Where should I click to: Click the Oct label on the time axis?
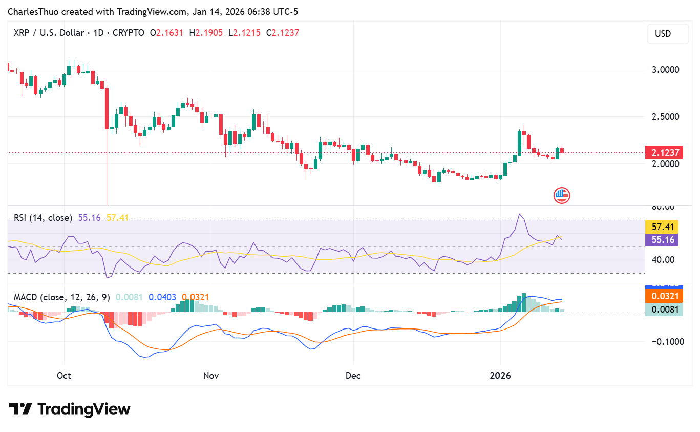pyautogui.click(x=64, y=376)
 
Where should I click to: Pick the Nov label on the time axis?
pyautogui.click(x=211, y=376)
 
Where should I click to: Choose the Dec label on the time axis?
pyautogui.click(x=353, y=376)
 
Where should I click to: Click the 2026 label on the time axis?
pyautogui.click(x=500, y=376)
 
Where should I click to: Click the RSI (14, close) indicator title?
pyautogui.click(x=43, y=218)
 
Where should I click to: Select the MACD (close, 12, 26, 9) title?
pyautogui.click(x=61, y=297)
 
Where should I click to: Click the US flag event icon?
pyautogui.click(x=561, y=195)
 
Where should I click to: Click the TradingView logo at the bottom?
pyautogui.click(x=70, y=409)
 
